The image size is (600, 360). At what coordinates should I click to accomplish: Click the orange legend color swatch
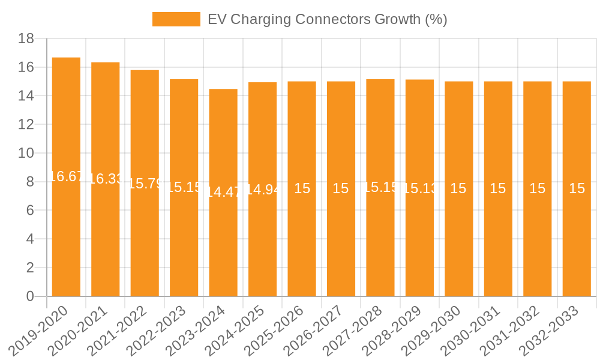(x=176, y=19)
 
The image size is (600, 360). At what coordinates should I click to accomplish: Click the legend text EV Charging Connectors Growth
(x=327, y=19)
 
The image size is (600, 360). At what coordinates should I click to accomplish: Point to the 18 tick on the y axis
(x=26, y=38)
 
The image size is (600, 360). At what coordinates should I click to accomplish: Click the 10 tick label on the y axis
(x=26, y=153)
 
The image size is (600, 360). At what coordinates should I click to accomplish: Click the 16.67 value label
(x=66, y=176)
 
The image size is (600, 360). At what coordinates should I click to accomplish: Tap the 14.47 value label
(x=223, y=192)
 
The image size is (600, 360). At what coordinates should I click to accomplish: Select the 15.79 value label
(x=145, y=184)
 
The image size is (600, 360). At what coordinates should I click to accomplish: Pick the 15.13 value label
(x=419, y=188)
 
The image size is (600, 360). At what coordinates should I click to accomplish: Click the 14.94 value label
(x=262, y=190)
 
